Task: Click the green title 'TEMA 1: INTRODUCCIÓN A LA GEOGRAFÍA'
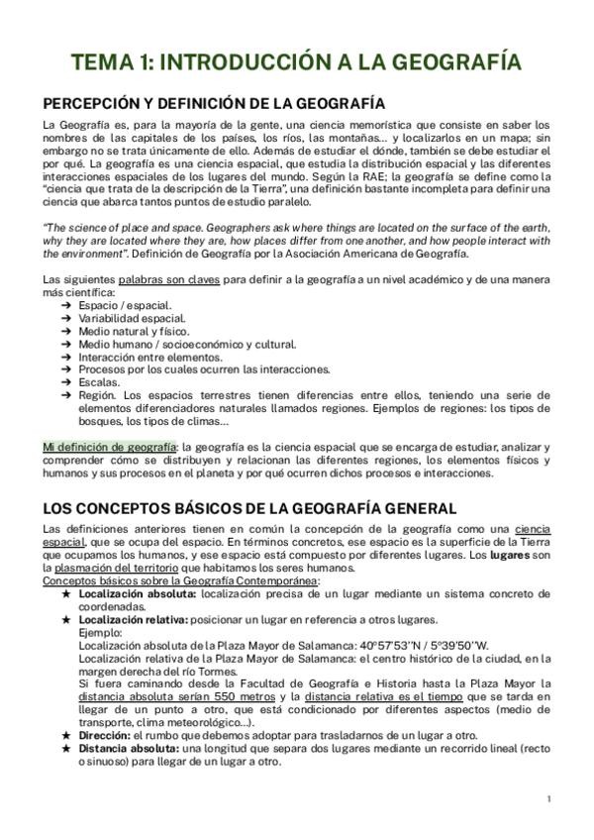tap(297, 64)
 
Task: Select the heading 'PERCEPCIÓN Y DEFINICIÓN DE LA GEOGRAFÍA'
tap(214, 103)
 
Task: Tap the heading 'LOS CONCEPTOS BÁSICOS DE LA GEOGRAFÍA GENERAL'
tap(249, 508)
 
